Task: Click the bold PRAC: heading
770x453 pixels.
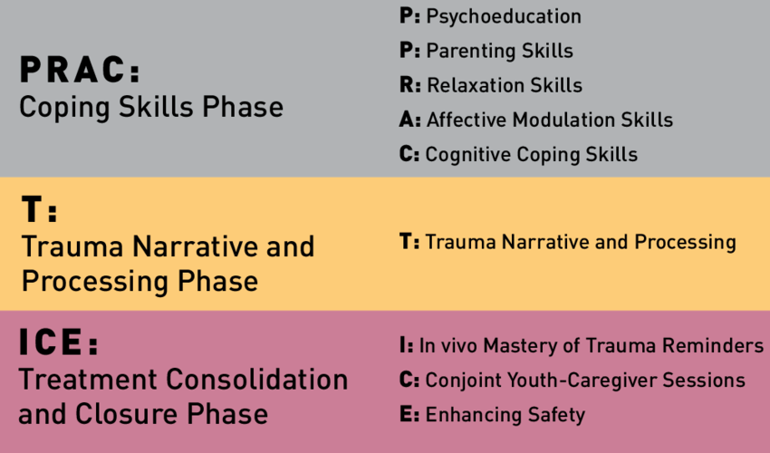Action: point(80,69)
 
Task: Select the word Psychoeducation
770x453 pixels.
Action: point(504,16)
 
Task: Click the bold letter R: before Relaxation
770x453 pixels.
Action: point(410,85)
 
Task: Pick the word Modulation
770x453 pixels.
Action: point(563,120)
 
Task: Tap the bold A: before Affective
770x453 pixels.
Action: point(410,120)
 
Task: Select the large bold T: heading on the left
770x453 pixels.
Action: point(39,209)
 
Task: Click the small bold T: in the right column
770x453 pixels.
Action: point(409,242)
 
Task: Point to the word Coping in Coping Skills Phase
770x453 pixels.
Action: point(64,108)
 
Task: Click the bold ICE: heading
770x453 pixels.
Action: point(59,342)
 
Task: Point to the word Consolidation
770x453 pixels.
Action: point(257,380)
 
